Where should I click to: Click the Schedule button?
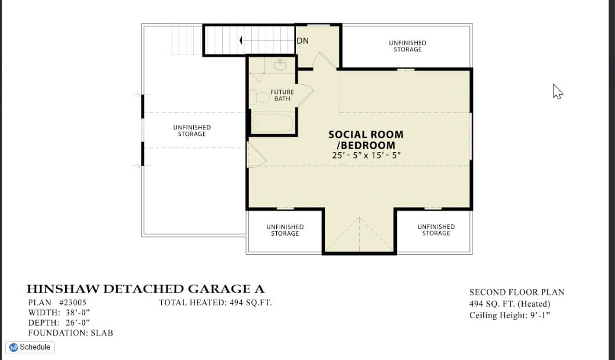30,347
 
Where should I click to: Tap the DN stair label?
302,41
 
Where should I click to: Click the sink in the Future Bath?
280,64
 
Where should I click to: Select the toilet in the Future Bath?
259,97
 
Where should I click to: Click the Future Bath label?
282,95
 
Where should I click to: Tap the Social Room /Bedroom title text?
366,140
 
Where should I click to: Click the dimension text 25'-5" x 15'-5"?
366,155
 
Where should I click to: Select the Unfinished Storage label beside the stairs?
407,46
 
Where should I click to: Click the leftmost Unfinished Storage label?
192,131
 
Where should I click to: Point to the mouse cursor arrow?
558,92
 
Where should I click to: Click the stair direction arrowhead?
241,40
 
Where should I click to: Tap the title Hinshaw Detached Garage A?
145,289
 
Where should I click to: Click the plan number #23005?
73,303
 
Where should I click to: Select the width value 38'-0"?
78,313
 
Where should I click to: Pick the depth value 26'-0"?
78,323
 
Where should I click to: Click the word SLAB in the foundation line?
102,333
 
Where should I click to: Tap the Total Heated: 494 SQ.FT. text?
215,303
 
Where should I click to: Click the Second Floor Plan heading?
517,292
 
